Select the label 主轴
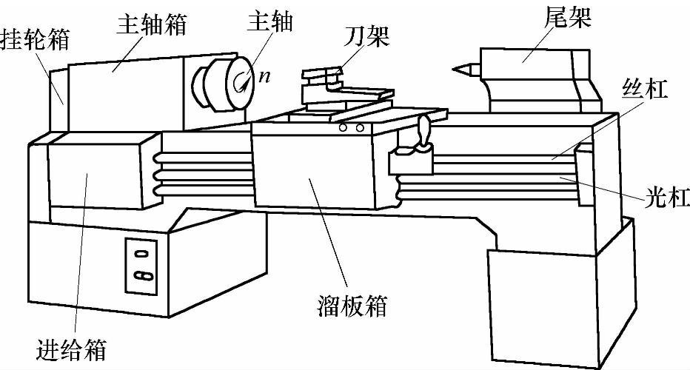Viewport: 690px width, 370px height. [269, 21]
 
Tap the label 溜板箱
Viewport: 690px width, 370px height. [349, 306]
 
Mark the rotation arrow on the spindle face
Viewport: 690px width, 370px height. [241, 83]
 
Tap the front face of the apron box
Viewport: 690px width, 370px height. [311, 170]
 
